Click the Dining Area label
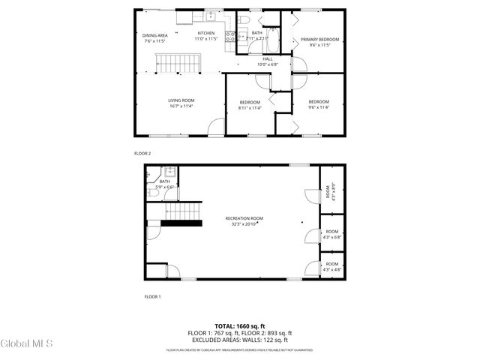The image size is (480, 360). tap(155, 35)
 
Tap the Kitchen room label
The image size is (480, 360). tap(206, 33)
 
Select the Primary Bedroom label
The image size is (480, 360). tap(320, 39)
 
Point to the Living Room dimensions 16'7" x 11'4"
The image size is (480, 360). tap(181, 106)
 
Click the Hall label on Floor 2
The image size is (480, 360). tap(268, 59)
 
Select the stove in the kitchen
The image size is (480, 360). tap(232, 34)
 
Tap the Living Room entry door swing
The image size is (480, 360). tap(216, 127)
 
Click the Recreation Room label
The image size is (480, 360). tap(244, 218)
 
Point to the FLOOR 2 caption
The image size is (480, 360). tap(142, 153)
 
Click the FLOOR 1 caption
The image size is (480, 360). tap(152, 296)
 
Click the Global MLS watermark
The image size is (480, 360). tap(27, 344)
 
